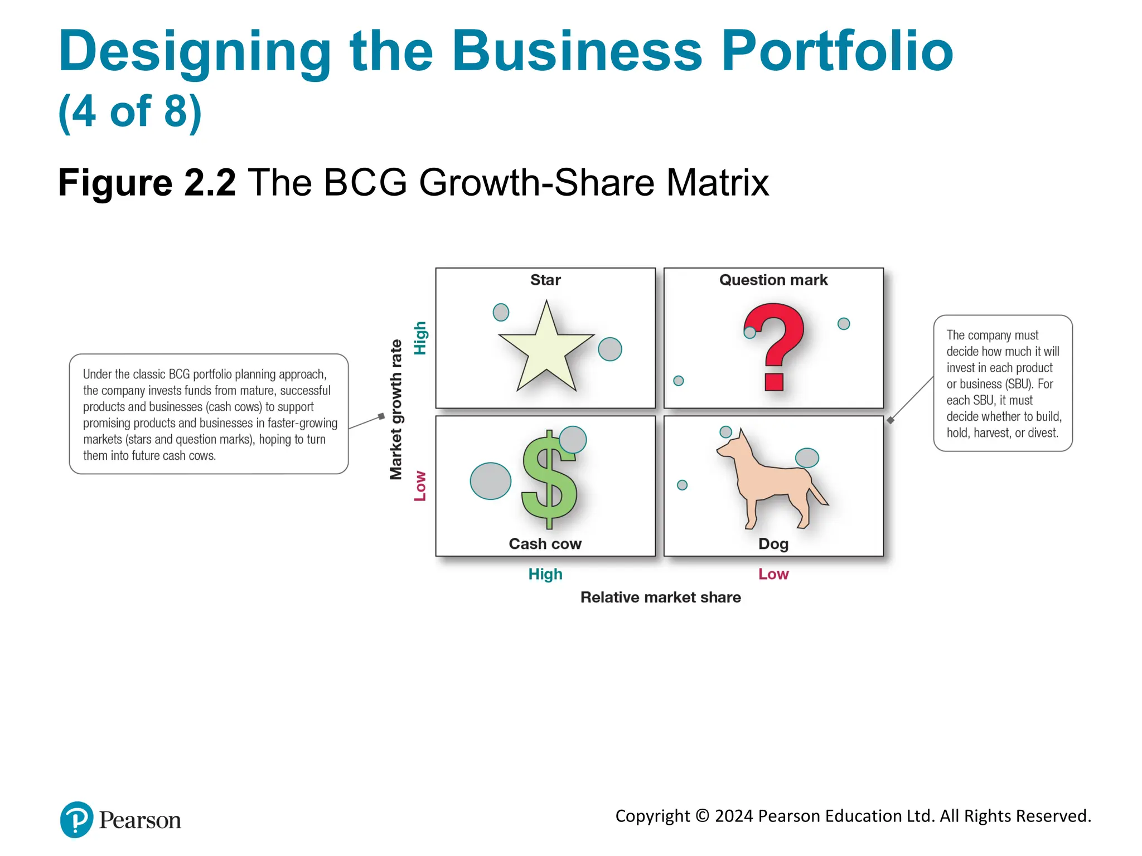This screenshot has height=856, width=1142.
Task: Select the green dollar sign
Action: [x=549, y=480]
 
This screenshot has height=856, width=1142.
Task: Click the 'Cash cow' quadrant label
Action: [x=545, y=544]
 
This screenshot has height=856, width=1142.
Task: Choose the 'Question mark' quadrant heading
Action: [x=773, y=280]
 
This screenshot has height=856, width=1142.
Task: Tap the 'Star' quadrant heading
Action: [x=545, y=280]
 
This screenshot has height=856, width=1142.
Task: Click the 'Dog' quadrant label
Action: [x=773, y=544]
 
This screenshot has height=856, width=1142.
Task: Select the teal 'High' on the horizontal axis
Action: [x=545, y=574]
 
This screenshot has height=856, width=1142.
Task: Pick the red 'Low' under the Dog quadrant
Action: [x=773, y=574]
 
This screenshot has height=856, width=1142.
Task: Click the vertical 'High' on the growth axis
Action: [x=420, y=338]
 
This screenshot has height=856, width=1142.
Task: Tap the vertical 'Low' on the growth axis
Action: [x=420, y=486]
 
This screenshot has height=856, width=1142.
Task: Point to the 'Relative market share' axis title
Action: [x=661, y=597]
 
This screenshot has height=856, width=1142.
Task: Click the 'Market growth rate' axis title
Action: [x=396, y=410]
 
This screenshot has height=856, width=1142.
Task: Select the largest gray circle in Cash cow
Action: [x=491, y=481]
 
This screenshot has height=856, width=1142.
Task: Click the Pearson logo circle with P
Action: [x=76, y=820]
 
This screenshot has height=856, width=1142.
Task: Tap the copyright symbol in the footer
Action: [x=703, y=816]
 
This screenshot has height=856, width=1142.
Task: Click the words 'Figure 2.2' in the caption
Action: [x=147, y=183]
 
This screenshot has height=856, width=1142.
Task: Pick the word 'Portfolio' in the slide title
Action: [x=837, y=51]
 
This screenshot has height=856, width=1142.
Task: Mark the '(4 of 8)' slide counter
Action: [x=130, y=111]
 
